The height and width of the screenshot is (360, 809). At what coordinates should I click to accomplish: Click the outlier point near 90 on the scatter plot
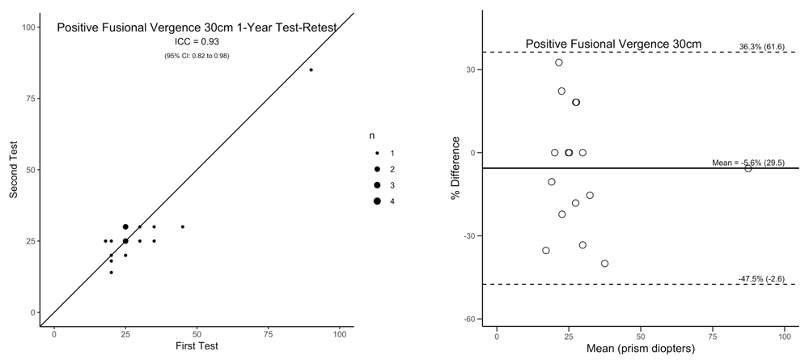pos(311,70)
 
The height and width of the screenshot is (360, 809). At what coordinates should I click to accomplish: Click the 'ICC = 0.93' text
pos(197,41)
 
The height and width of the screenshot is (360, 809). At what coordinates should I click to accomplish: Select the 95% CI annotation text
pos(197,55)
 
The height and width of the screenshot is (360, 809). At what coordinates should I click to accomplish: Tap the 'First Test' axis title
pos(197,346)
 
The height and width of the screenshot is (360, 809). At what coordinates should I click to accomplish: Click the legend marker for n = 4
pos(377,201)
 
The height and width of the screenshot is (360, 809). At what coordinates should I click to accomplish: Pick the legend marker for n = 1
pos(377,153)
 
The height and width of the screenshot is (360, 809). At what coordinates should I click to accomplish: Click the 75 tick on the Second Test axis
pos(32,98)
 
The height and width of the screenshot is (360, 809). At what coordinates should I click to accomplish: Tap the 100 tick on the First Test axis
pos(340,332)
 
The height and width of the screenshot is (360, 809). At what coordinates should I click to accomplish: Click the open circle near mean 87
pos(748,168)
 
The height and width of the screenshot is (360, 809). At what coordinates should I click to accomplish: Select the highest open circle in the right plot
pos(559,62)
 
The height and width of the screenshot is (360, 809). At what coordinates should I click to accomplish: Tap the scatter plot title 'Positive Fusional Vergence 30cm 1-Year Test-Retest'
pos(197,28)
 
